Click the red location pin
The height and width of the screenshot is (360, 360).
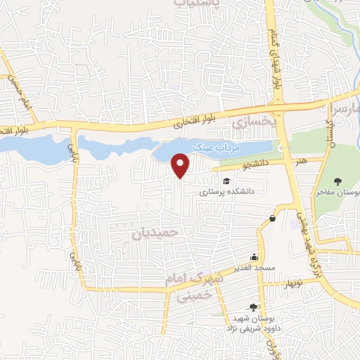point(181,166)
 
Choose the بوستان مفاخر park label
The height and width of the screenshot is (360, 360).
point(342,191)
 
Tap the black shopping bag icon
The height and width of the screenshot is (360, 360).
point(271,218)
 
